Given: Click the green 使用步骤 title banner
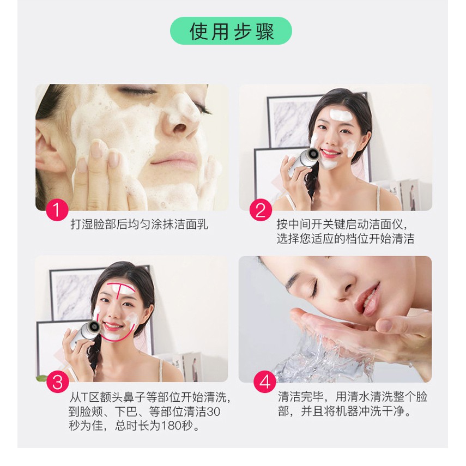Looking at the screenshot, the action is tap(231, 31).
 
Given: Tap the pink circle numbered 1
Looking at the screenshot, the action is tap(57, 210).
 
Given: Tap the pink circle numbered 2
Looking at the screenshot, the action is tap(261, 210).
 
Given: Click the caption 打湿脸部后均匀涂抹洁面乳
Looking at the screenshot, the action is tap(140, 225).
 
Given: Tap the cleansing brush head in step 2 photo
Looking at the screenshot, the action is tap(312, 154).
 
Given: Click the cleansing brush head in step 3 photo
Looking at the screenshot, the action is tap(93, 326).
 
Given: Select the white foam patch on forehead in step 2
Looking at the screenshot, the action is tap(341, 114).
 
